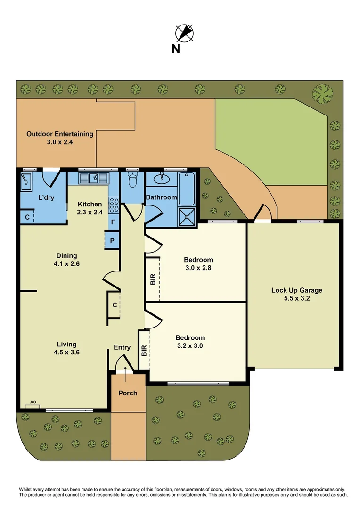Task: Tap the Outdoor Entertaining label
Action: pyautogui.click(x=60, y=138)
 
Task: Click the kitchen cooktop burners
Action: pyautogui.click(x=114, y=205)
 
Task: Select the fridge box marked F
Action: pyautogui.click(x=113, y=221)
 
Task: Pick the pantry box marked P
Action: pyautogui.click(x=112, y=240)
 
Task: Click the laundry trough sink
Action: pyautogui.click(x=25, y=181)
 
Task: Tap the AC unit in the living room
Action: pyautogui.click(x=33, y=404)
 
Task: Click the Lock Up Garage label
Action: pyautogui.click(x=296, y=294)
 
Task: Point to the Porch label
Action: pyautogui.click(x=128, y=393)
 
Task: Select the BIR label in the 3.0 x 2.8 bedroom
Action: pyautogui.click(x=153, y=279)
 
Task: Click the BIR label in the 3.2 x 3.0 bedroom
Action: pyautogui.click(x=144, y=350)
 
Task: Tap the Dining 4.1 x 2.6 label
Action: pyautogui.click(x=66, y=260)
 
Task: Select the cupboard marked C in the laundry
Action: pyautogui.click(x=28, y=217)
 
